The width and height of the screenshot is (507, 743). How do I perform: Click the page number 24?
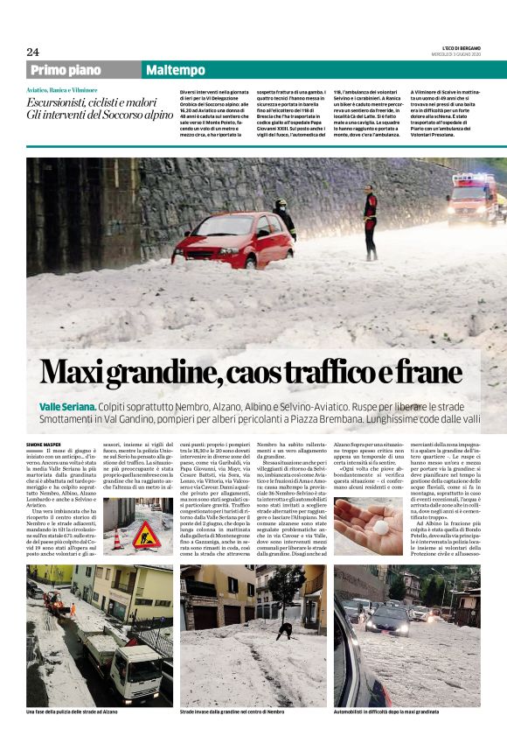pyautogui.click(x=32, y=52)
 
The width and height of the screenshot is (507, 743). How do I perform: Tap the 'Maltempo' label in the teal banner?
pyautogui.click(x=176, y=70)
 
